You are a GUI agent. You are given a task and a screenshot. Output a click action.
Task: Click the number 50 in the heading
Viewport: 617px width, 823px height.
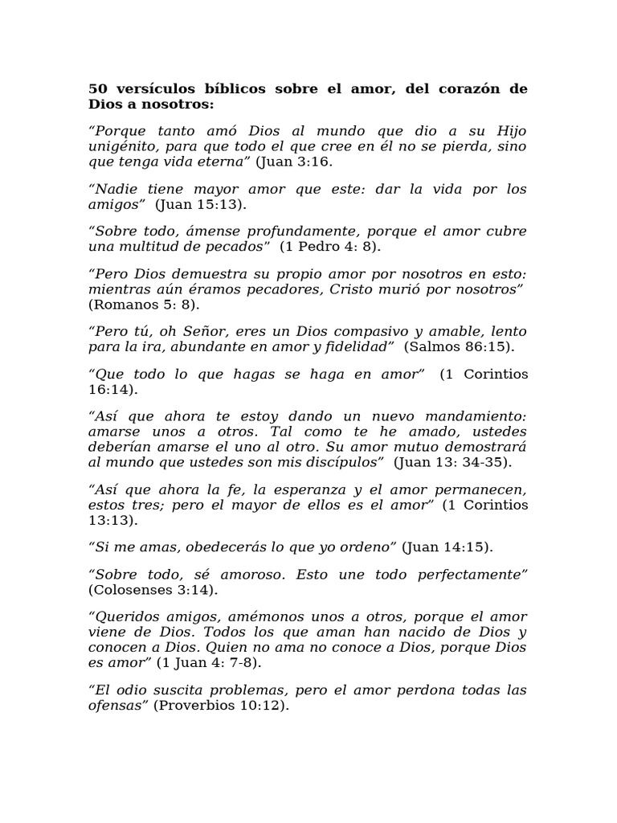pos(98,88)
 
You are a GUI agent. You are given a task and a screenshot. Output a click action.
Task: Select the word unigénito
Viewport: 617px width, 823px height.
pos(121,146)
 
